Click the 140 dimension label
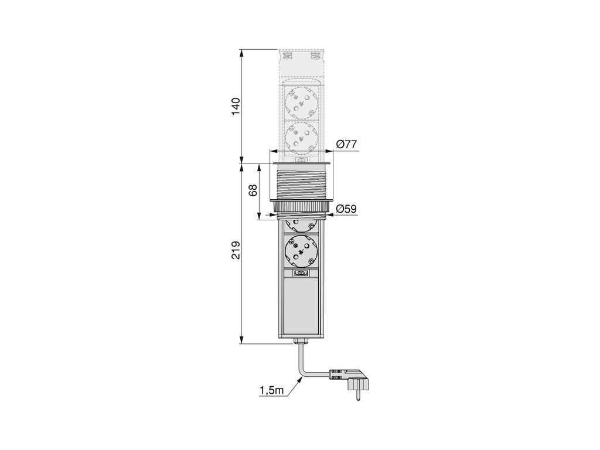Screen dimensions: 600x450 pyautogui.click(x=236, y=107)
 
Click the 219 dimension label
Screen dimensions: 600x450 pyautogui.click(x=236, y=250)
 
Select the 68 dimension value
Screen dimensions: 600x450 pyautogui.click(x=253, y=190)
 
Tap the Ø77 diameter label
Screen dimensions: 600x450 pyautogui.click(x=347, y=144)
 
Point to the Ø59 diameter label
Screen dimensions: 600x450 pyautogui.click(x=346, y=209)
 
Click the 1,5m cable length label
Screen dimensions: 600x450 pyautogui.click(x=271, y=390)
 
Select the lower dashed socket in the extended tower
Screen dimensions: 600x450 pyautogui.click(x=301, y=138)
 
